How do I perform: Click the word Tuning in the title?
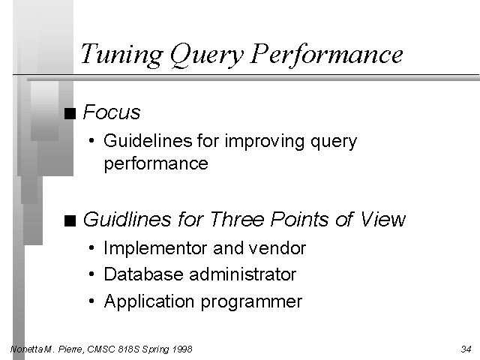(121, 54)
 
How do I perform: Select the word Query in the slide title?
(207, 55)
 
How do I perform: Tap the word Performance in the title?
(326, 54)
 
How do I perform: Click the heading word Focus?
(112, 112)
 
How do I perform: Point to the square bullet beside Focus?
(70, 113)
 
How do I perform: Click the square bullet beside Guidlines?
(70, 220)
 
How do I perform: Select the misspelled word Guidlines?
(127, 219)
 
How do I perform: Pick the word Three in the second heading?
(237, 219)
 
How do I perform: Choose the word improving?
(265, 142)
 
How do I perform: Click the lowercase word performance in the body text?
(156, 163)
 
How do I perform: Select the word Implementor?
(156, 248)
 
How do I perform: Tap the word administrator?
(243, 274)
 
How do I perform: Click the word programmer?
(251, 302)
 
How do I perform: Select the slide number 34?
(466, 349)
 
